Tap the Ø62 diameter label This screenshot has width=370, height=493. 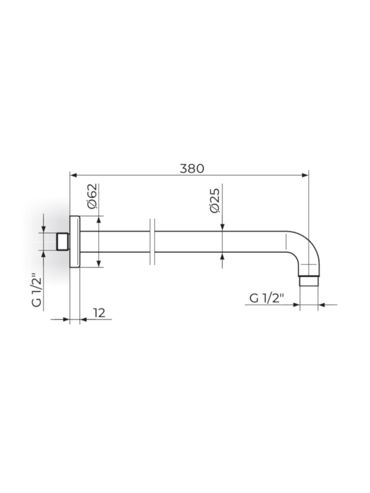(92, 196)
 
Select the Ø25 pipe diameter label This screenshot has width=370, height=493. (215, 200)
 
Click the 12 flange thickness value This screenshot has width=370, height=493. (99, 313)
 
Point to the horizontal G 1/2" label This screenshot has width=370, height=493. (267, 299)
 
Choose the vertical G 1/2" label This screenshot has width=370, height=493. (37, 290)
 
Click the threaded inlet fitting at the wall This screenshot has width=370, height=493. (62, 242)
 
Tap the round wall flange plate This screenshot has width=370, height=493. (75, 242)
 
